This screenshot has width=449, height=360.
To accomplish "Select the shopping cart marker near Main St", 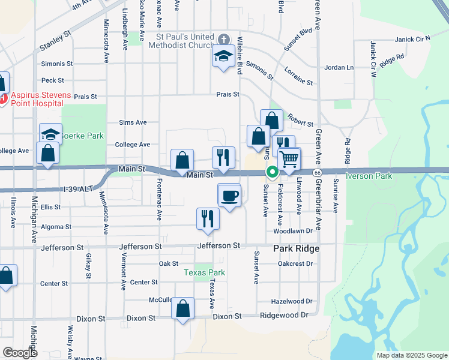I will [289, 160].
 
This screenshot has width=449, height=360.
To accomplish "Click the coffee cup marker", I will [229, 195].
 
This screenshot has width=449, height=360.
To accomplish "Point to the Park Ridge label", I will [296, 248].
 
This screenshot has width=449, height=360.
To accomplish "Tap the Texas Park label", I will [204, 272].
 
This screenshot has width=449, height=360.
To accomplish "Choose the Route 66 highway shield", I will [318, 172].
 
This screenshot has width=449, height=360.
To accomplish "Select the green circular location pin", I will [272, 173].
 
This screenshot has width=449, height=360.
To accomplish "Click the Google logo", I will [20, 353].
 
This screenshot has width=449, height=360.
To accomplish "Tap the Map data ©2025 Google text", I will [412, 355].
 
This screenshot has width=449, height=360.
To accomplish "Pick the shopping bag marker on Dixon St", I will [183, 309].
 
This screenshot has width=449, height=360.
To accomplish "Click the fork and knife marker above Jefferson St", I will [208, 218].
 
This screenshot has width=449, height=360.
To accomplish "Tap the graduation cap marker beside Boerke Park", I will [50, 134].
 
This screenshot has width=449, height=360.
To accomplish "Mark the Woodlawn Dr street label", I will [293, 230].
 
